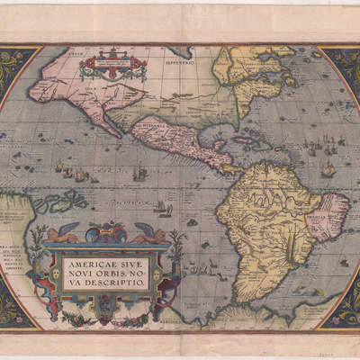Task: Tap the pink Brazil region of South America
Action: pos(331,214)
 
